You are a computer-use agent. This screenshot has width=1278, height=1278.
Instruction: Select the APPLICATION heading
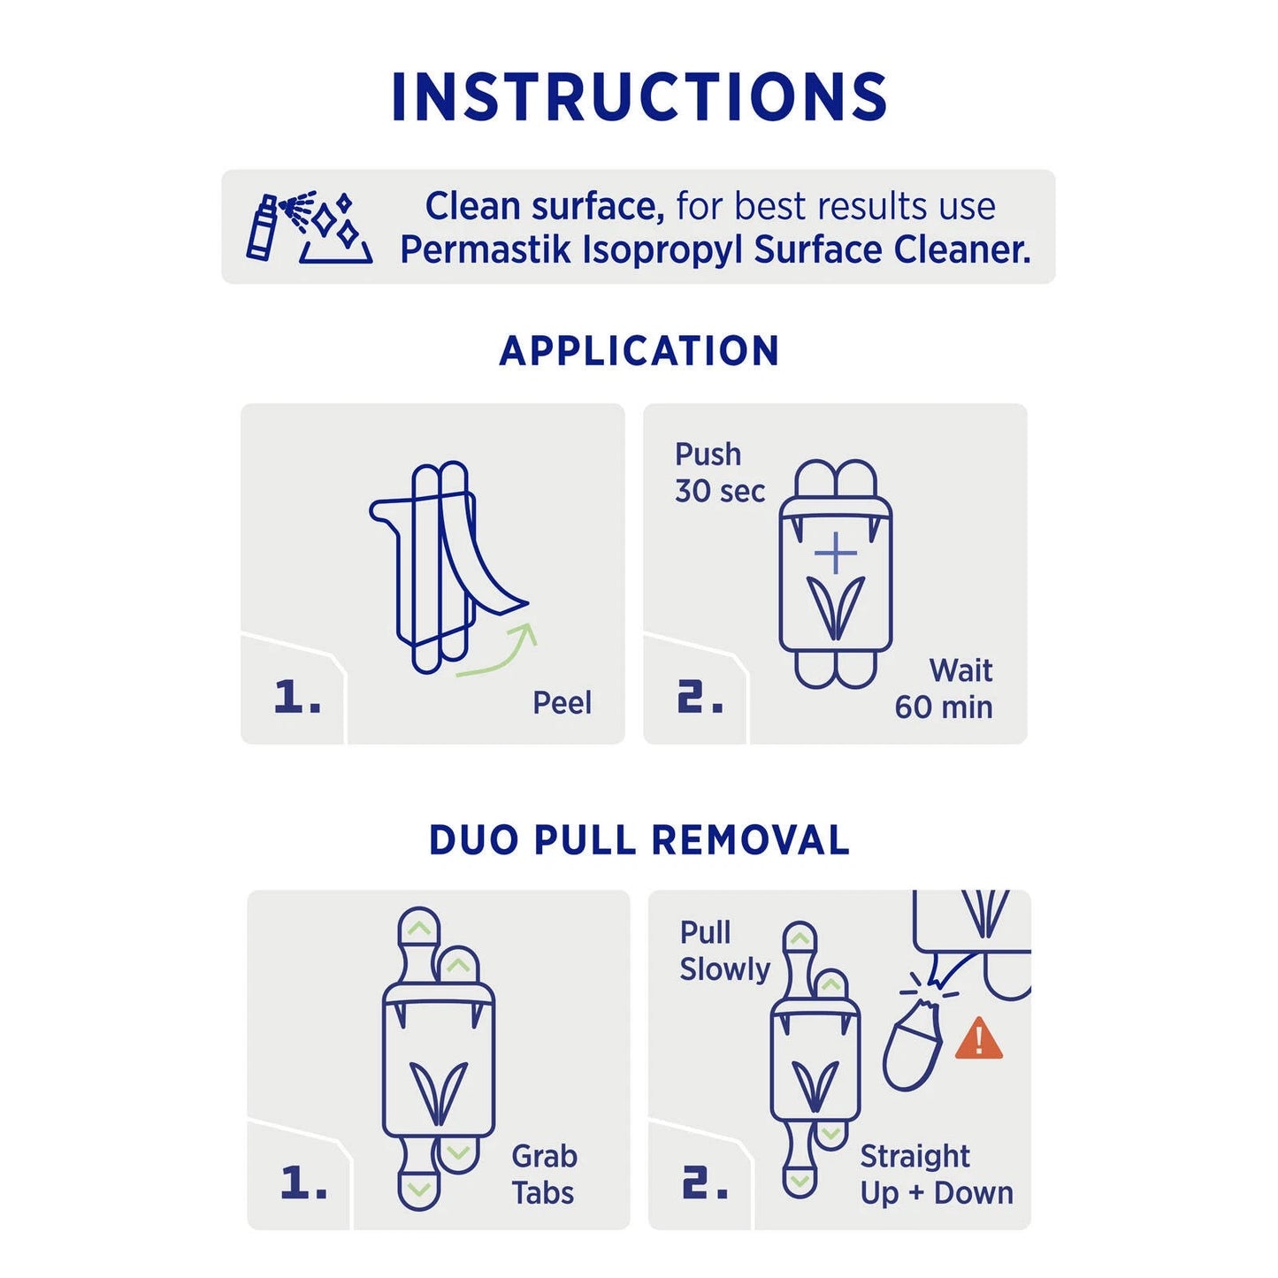[639, 351]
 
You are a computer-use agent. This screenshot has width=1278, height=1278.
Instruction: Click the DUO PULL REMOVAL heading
[639, 840]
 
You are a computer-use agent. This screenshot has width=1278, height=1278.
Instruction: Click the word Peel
[562, 703]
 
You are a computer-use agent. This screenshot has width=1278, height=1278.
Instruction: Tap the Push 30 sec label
[718, 472]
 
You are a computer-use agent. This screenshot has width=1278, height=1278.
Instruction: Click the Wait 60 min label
[945, 689]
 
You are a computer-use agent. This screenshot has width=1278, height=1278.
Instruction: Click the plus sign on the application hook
[835, 554]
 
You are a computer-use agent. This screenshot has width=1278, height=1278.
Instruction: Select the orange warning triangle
[979, 1039]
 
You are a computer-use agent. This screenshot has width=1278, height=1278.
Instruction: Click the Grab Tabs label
[543, 1175]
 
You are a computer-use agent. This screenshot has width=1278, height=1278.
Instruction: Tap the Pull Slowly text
[723, 951]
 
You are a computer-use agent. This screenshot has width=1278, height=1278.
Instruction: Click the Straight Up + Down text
[936, 1175]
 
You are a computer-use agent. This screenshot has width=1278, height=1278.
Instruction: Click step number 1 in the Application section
[296, 697]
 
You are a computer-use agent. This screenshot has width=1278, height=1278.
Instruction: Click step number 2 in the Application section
[700, 697]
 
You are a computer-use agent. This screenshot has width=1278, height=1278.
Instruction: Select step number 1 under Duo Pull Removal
[302, 1182]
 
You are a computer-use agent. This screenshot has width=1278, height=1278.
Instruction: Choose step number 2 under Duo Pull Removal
[704, 1182]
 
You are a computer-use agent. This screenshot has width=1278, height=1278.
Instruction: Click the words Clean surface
[544, 206]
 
